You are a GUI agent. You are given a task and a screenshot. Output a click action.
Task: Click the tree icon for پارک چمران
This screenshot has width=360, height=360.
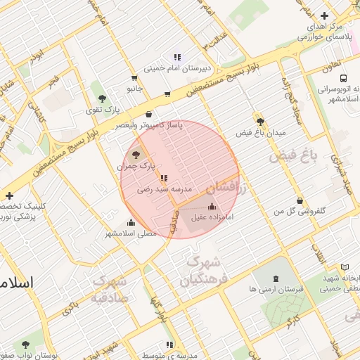tap(136, 154)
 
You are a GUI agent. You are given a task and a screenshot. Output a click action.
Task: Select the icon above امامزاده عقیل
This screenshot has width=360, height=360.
tap(212, 206)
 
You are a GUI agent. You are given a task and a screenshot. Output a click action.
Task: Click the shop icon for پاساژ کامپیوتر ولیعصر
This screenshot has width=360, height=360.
tap(148, 114)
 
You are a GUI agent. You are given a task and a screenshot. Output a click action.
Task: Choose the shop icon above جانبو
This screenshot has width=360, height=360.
tap(134, 78)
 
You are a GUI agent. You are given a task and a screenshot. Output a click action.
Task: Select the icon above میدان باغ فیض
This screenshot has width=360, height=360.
tap(260, 121)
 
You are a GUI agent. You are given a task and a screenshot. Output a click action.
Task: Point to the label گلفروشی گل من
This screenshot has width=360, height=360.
tap(298, 211)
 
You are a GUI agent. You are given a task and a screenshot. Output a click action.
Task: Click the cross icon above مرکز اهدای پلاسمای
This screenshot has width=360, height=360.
tap(323, 15)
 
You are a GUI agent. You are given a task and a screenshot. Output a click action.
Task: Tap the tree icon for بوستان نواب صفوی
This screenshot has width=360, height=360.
tap(25, 345)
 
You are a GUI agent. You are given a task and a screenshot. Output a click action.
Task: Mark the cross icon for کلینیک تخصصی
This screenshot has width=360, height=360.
tap(8, 195)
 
